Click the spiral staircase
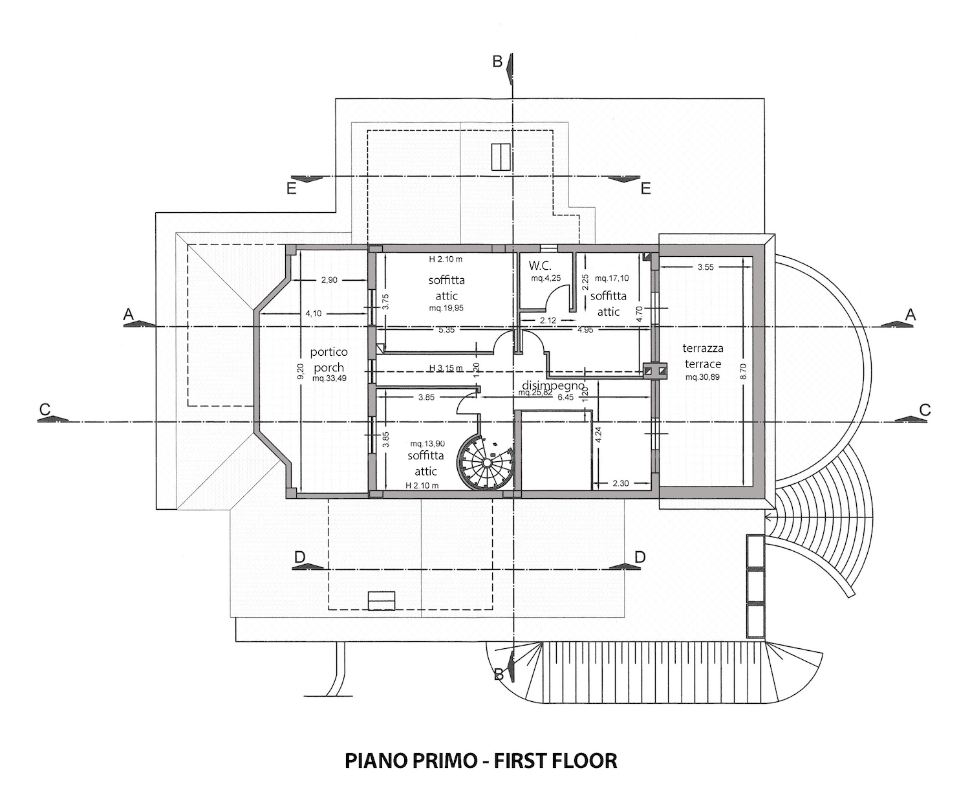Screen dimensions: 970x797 coord(486,463)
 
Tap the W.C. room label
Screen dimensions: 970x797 coord(539,265)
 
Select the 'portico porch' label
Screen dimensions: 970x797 coord(329,360)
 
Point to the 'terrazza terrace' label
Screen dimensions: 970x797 coord(703,356)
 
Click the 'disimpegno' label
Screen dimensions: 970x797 coord(554,385)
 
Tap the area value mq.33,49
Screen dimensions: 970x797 coord(329,378)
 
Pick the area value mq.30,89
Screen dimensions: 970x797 coord(702,377)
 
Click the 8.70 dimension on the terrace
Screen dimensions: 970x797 coord(744,371)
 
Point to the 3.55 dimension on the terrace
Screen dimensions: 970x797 coord(706,267)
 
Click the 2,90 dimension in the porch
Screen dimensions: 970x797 coord(329,279)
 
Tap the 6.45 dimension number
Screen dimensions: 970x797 coord(566,397)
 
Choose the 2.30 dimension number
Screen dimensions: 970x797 coord(621,483)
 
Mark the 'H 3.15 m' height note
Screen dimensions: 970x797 coord(446,368)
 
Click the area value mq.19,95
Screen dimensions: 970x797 coord(446,309)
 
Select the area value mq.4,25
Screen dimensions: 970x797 coord(546,278)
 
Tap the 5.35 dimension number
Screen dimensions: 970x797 coord(447,330)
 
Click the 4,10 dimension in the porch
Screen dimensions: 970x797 coord(314,313)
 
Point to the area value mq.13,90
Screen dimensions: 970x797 coord(427,444)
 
